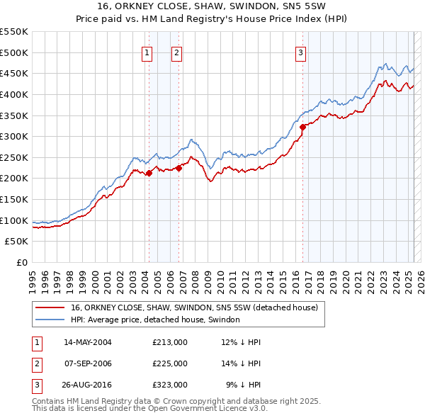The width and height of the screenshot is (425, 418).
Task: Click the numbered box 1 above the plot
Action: coord(147,52)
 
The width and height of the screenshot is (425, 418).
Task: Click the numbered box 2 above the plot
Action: coord(176,52)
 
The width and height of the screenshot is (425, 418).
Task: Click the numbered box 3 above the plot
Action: coord(300,52)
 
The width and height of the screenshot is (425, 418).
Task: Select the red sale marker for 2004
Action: coord(149,173)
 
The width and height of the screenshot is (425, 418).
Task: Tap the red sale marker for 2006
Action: coord(178,168)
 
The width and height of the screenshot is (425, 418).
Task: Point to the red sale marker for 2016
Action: coord(303,127)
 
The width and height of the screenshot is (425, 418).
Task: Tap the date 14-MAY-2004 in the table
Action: coord(88,342)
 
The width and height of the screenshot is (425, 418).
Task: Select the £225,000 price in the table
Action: coord(170,363)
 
